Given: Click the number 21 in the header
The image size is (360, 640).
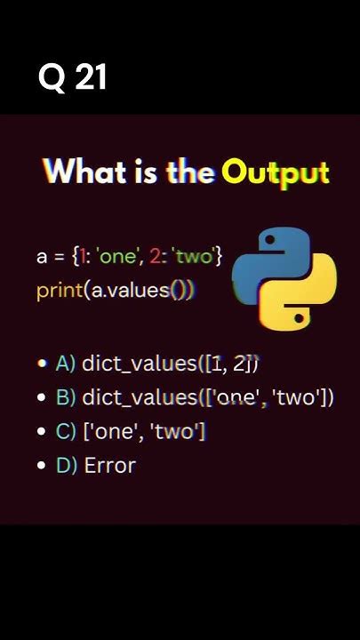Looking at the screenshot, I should coord(91,79).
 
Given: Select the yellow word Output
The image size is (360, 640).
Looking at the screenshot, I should coord(276,172).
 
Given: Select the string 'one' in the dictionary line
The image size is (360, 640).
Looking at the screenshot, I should coord(121,257).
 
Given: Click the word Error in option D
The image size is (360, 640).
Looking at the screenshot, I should coord(109,466).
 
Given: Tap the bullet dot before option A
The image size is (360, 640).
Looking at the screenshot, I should coord(42,364).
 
